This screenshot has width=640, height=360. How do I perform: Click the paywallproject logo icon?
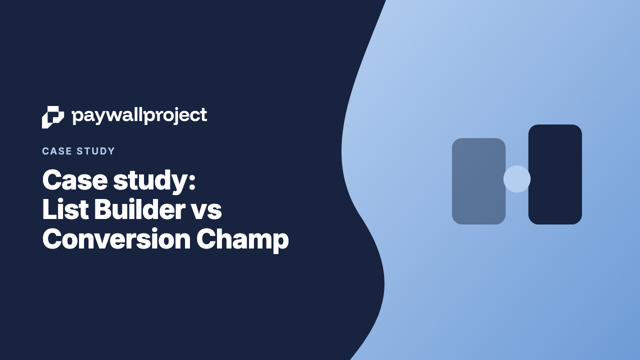point(53,117)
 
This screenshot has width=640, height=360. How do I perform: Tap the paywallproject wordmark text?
point(139,116)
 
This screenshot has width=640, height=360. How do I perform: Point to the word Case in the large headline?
point(75,180)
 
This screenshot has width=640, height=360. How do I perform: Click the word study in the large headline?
point(150,182)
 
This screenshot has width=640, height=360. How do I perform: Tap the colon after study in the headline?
point(192,181)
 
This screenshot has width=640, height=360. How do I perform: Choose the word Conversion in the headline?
point(116,238)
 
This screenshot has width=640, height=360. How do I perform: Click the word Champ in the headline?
point(242,240)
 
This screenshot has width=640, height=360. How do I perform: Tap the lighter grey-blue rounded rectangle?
point(478,181)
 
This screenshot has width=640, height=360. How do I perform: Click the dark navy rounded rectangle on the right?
point(555,174)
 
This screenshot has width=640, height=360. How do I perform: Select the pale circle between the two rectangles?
point(517,179)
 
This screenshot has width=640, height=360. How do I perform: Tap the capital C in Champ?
point(205,238)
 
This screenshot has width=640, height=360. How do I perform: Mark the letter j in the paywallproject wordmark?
point(173,116)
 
